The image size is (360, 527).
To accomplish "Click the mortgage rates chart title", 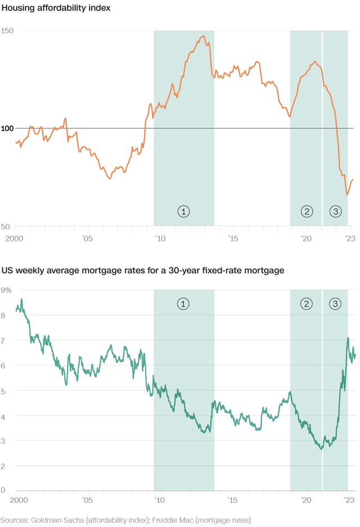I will tap(142, 271).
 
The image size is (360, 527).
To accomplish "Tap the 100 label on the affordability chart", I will tap(7, 128).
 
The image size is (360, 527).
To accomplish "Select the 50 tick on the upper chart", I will tap(6, 226).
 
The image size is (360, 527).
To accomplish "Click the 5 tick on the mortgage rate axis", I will tap(3, 390).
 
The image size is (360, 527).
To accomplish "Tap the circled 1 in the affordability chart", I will tap(183, 211).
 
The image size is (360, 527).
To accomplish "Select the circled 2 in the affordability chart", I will tap(307, 211).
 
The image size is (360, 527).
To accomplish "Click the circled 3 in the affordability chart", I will tap(335, 211).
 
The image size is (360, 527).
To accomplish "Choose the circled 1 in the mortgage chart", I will tap(183, 304).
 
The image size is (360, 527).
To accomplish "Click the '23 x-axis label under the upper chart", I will tap(350, 237).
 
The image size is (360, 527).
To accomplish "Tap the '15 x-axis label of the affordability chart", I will tap(233, 237).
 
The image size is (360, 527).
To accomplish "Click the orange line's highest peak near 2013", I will tap(203, 37).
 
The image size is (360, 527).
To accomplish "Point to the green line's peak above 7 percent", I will tap(348, 338).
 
